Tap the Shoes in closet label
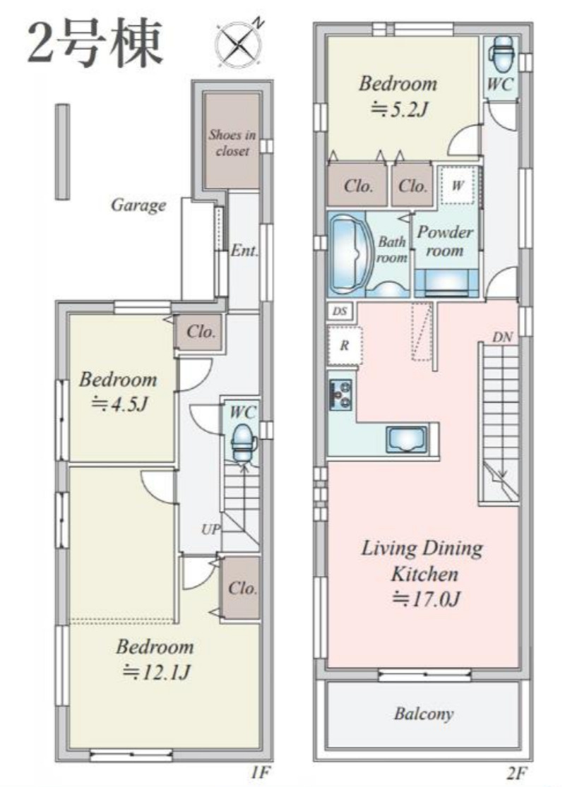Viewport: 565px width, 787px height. [x=232, y=143]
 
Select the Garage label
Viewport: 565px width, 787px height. [x=138, y=205]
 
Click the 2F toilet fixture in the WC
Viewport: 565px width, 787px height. [x=500, y=56]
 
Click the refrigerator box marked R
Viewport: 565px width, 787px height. [x=344, y=346]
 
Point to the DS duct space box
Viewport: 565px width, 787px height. [x=340, y=311]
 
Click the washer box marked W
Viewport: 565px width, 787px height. [x=457, y=185]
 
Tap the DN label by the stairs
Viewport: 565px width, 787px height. [x=501, y=337]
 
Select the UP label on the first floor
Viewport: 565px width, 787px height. [x=210, y=529]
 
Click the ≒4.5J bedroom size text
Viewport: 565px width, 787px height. [x=118, y=404]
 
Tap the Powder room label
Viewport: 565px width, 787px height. [x=445, y=241]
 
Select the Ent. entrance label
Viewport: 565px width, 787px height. [x=244, y=251]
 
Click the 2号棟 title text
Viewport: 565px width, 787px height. [x=95, y=43]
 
